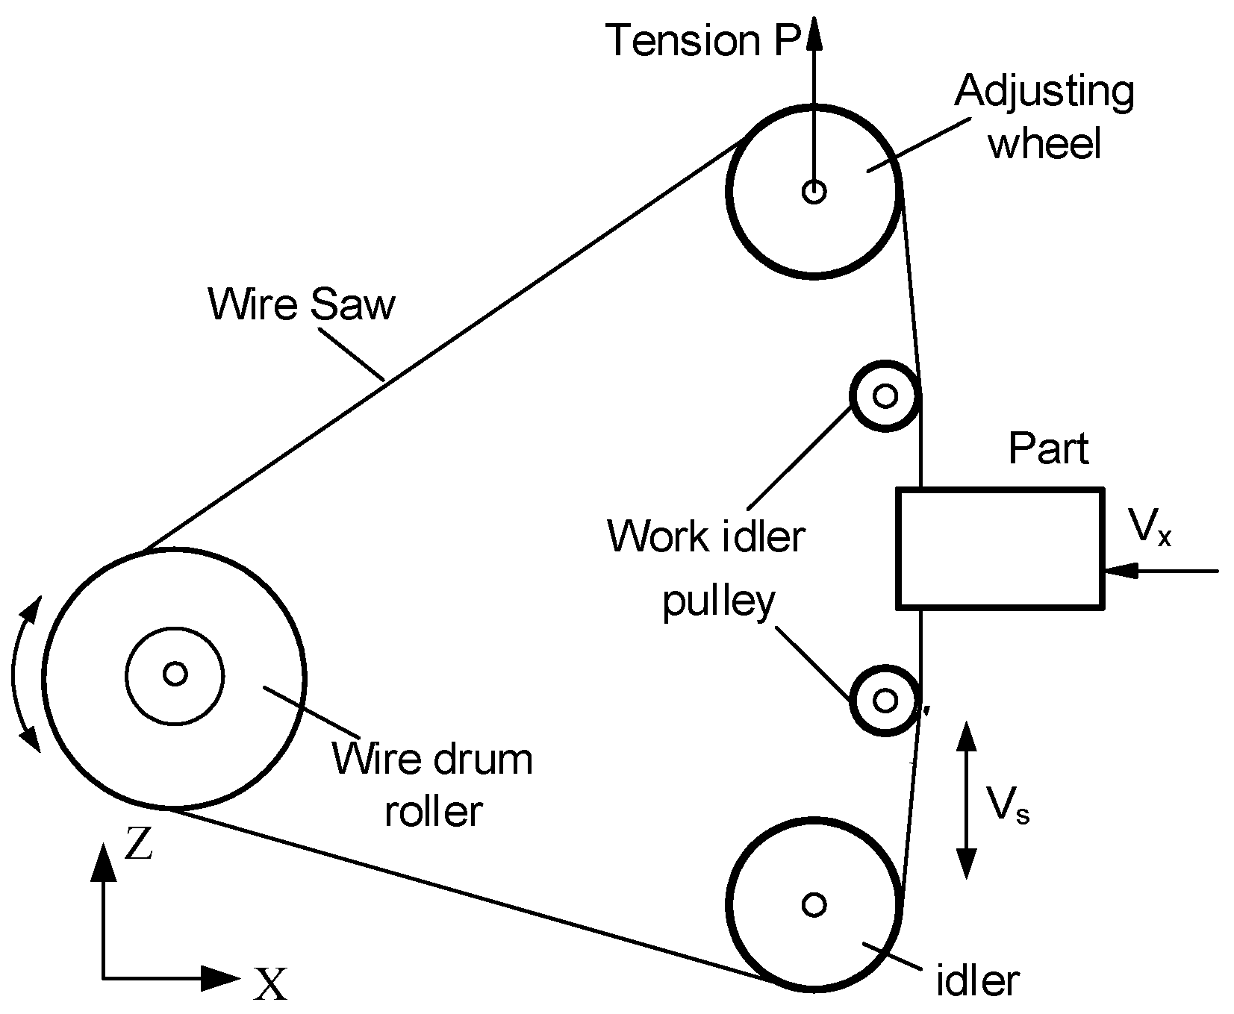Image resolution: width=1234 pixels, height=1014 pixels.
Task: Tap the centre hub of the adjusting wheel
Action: [x=813, y=192]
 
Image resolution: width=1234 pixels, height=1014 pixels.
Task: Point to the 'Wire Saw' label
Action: [x=302, y=304]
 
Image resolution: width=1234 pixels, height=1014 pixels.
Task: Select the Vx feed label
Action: [x=1150, y=527]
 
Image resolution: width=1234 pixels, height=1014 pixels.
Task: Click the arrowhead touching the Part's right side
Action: [x=1120, y=572]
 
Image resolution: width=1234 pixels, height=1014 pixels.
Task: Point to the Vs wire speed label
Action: [x=1008, y=805]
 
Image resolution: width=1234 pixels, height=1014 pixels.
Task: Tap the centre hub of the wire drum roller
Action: [x=175, y=674]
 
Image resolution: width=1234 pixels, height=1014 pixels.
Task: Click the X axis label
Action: [x=269, y=983]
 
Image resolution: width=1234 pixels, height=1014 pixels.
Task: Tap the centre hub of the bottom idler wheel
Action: [x=813, y=905]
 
